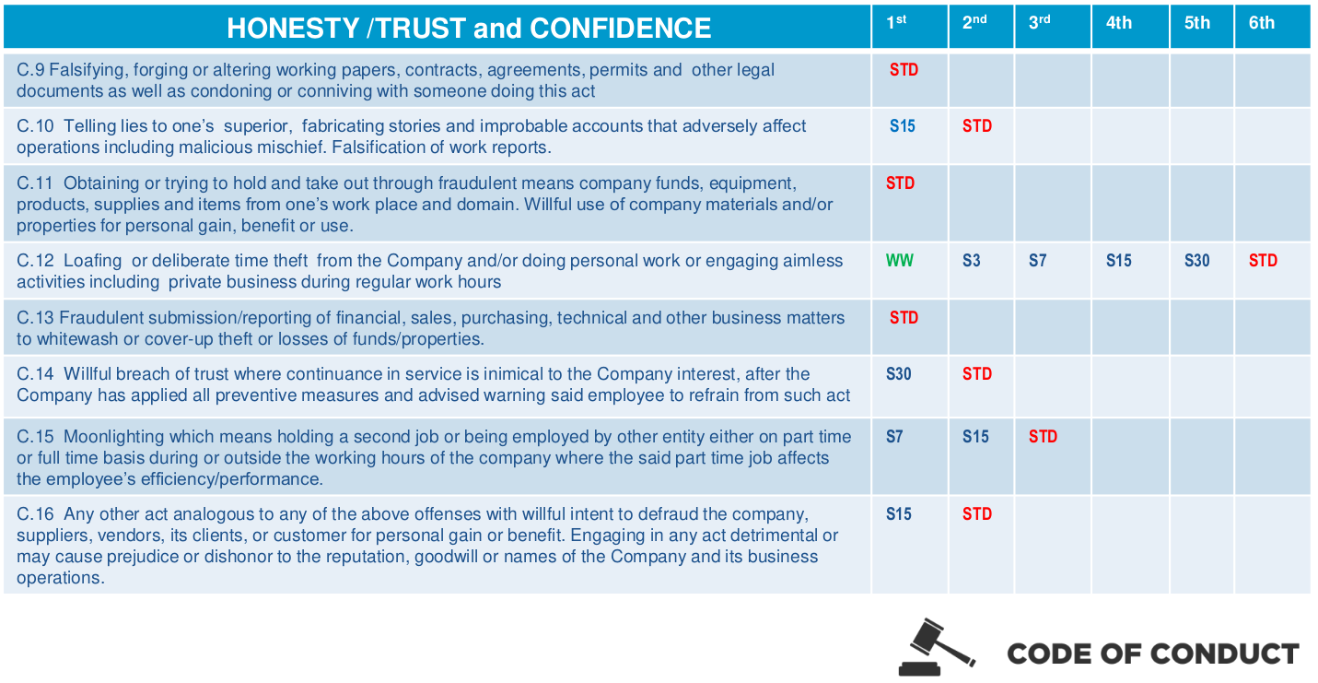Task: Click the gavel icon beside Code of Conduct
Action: click(935, 647)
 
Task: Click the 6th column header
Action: click(1262, 23)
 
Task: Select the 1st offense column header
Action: click(896, 22)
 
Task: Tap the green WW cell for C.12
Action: click(900, 261)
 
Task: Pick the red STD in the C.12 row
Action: click(1263, 261)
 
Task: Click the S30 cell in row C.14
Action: click(899, 374)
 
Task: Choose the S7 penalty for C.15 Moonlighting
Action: click(894, 437)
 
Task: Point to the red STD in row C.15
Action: click(1043, 437)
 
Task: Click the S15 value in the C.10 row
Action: click(902, 126)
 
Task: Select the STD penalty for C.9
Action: click(904, 70)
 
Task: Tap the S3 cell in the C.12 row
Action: click(972, 261)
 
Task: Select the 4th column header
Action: click(1119, 23)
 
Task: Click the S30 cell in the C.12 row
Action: click(1196, 261)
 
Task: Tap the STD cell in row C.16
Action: click(977, 514)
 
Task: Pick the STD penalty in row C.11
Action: click(900, 183)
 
